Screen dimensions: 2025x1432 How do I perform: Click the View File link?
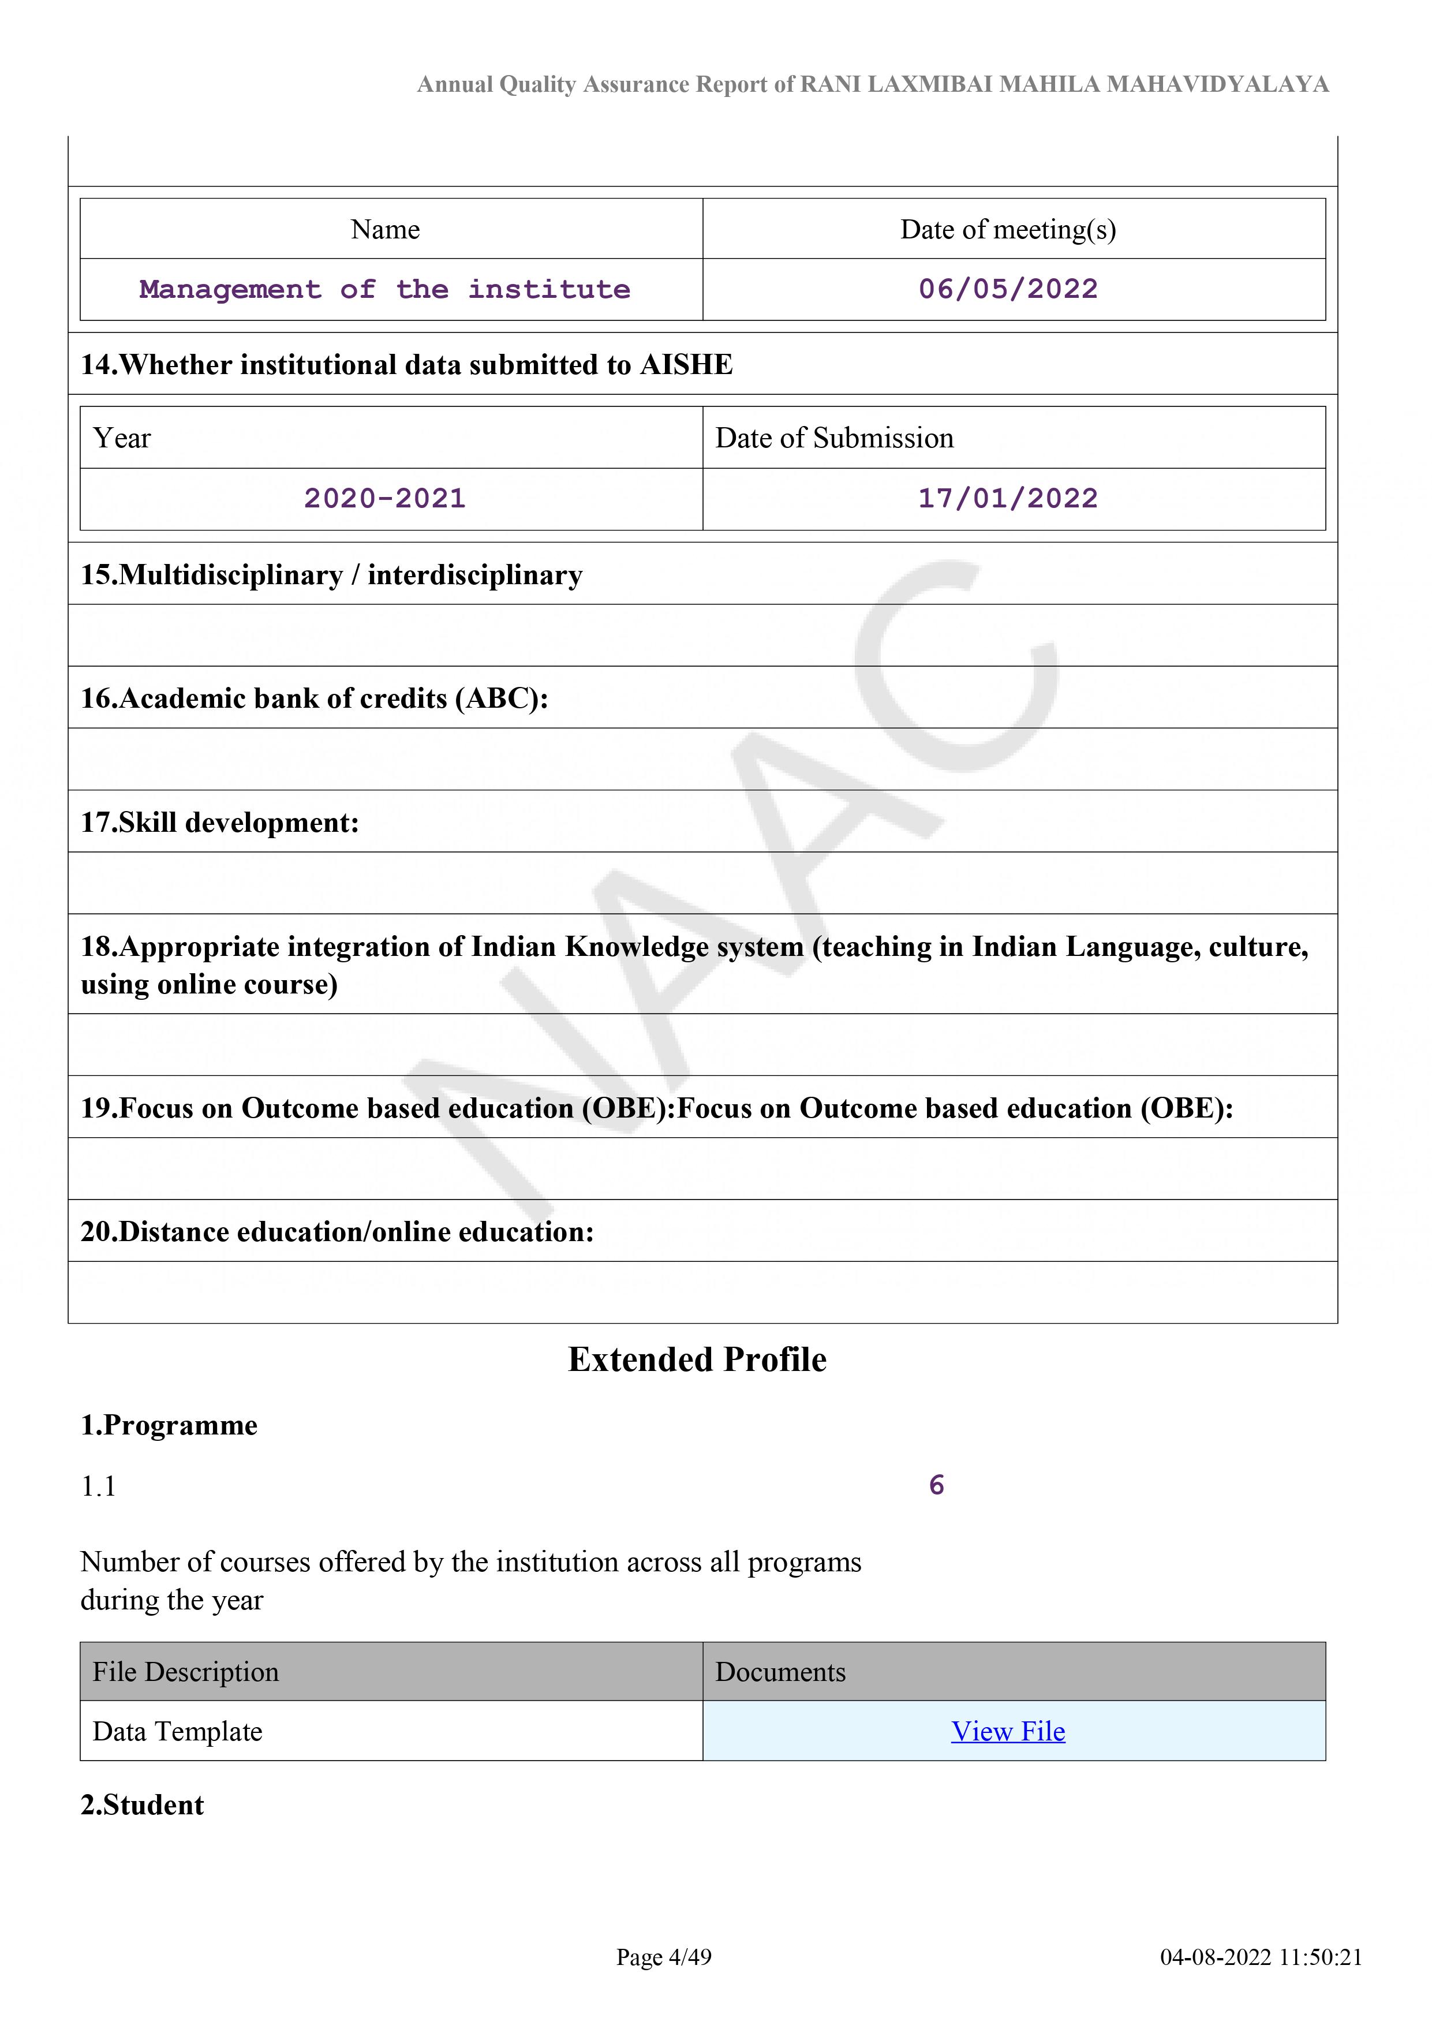tap(1008, 1731)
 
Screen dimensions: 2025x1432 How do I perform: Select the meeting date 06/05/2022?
tap(1008, 289)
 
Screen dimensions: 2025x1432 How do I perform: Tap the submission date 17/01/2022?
tap(1008, 498)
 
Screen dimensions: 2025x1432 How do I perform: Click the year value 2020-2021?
tap(384, 498)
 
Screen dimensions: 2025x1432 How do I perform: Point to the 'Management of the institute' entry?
tap(384, 289)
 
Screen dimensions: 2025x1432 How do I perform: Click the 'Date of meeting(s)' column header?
tap(1008, 229)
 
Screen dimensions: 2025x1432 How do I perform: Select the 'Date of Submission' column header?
tap(834, 438)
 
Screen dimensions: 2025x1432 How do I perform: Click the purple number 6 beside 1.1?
tap(936, 1485)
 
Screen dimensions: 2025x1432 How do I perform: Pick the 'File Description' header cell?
tap(185, 1672)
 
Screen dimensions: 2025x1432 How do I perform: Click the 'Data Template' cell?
tap(177, 1731)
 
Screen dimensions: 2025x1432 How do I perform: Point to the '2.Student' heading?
tap(142, 1804)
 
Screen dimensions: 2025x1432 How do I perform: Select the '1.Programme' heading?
tap(169, 1425)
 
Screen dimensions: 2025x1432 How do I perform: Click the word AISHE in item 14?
tap(686, 365)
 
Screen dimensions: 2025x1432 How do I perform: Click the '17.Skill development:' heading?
tap(219, 823)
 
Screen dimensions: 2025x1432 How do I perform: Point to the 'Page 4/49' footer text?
tap(663, 1957)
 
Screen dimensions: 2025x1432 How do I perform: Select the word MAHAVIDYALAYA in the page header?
tap(1218, 85)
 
